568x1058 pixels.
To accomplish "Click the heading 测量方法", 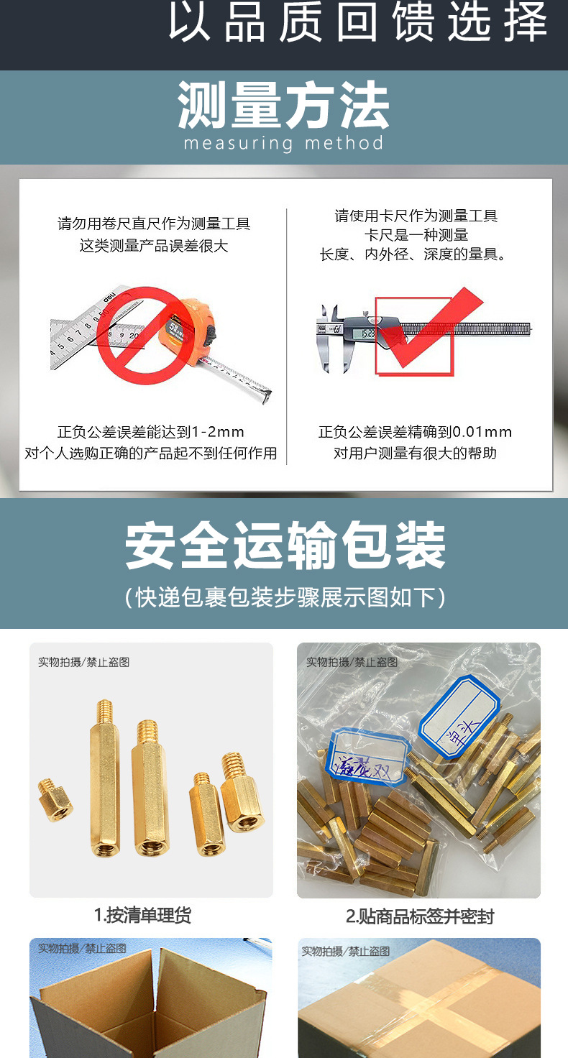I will (x=283, y=106).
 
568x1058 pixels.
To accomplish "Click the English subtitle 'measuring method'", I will (x=283, y=143).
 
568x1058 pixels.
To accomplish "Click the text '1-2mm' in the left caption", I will (x=219, y=432).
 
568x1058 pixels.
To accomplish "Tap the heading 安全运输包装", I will (x=285, y=546).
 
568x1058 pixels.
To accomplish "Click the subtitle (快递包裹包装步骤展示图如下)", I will (x=285, y=597).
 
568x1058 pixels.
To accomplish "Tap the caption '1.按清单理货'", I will (x=142, y=915).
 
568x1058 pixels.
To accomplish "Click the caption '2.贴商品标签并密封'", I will (x=419, y=916).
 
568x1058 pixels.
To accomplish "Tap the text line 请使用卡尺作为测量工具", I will (x=416, y=216).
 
